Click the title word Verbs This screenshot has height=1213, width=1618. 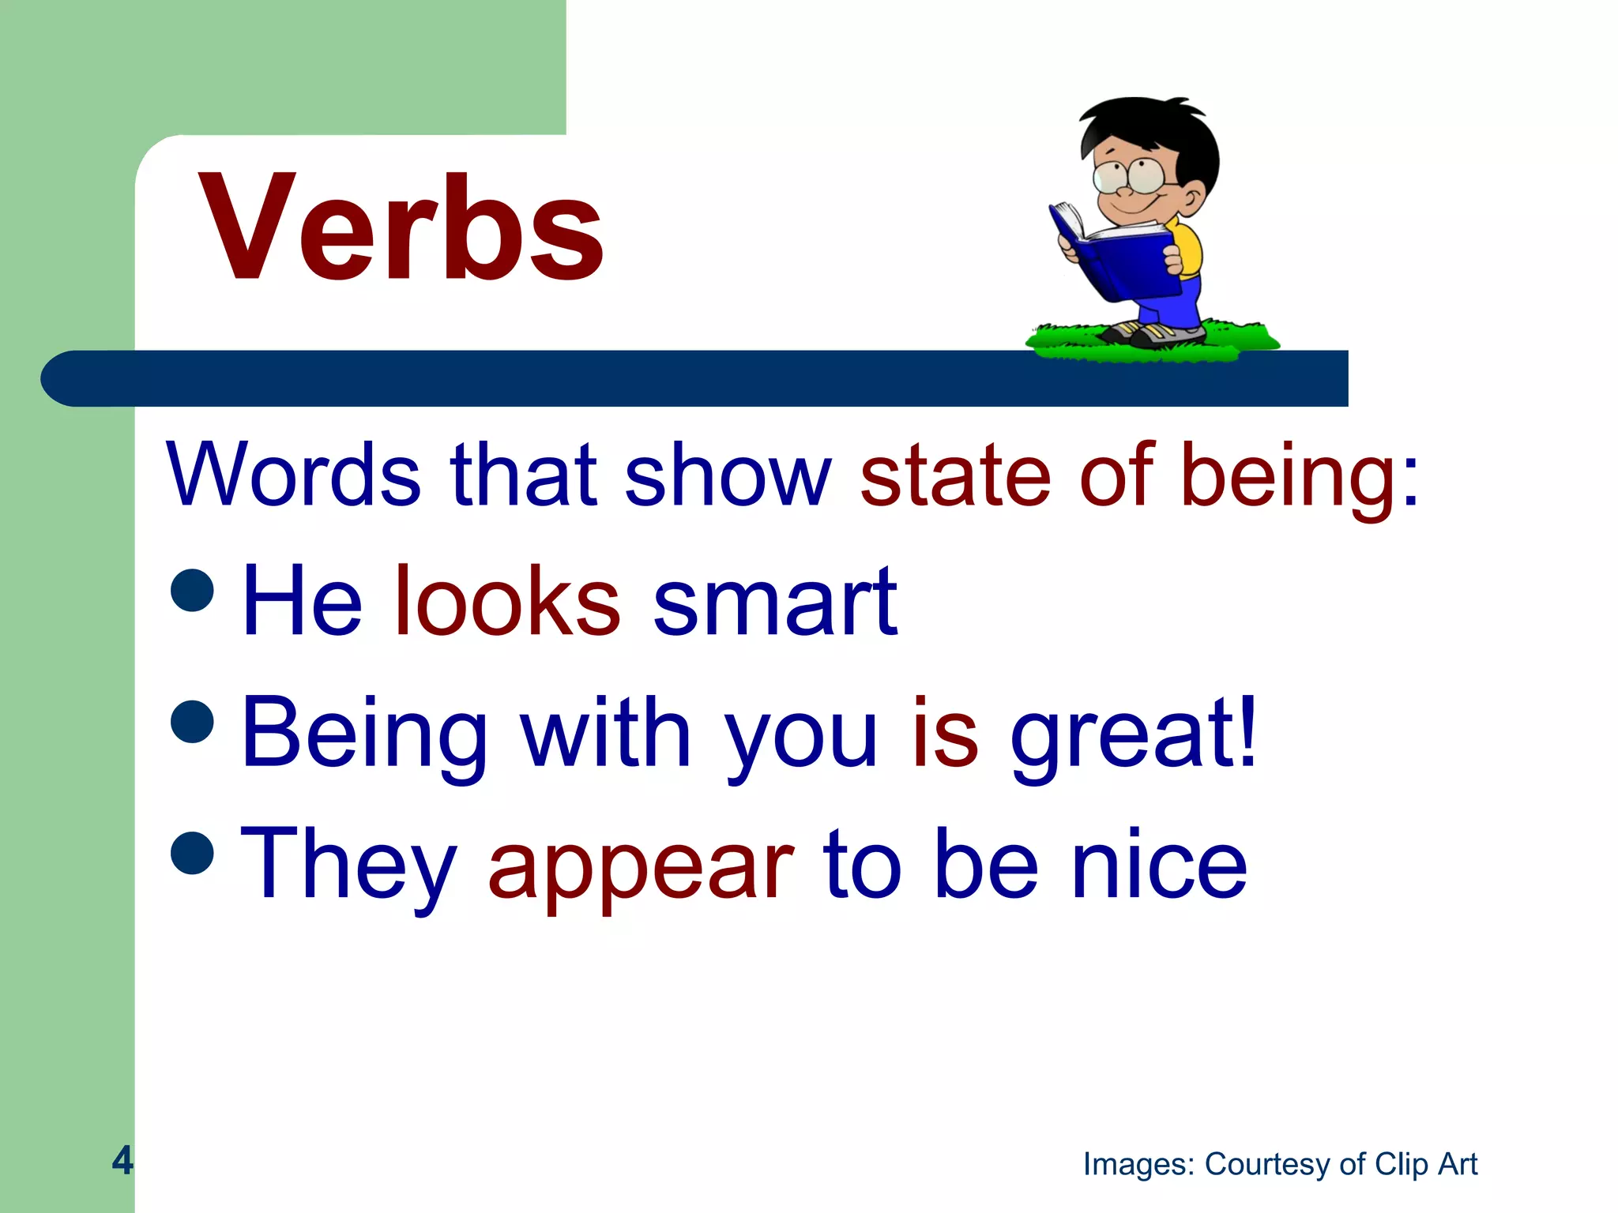coord(401,229)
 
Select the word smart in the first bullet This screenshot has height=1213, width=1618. coord(775,602)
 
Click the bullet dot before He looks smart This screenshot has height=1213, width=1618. coord(192,589)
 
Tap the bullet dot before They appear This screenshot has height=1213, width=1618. coord(192,853)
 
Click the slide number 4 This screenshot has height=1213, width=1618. coord(122,1159)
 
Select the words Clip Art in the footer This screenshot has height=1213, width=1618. coord(1426,1164)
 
